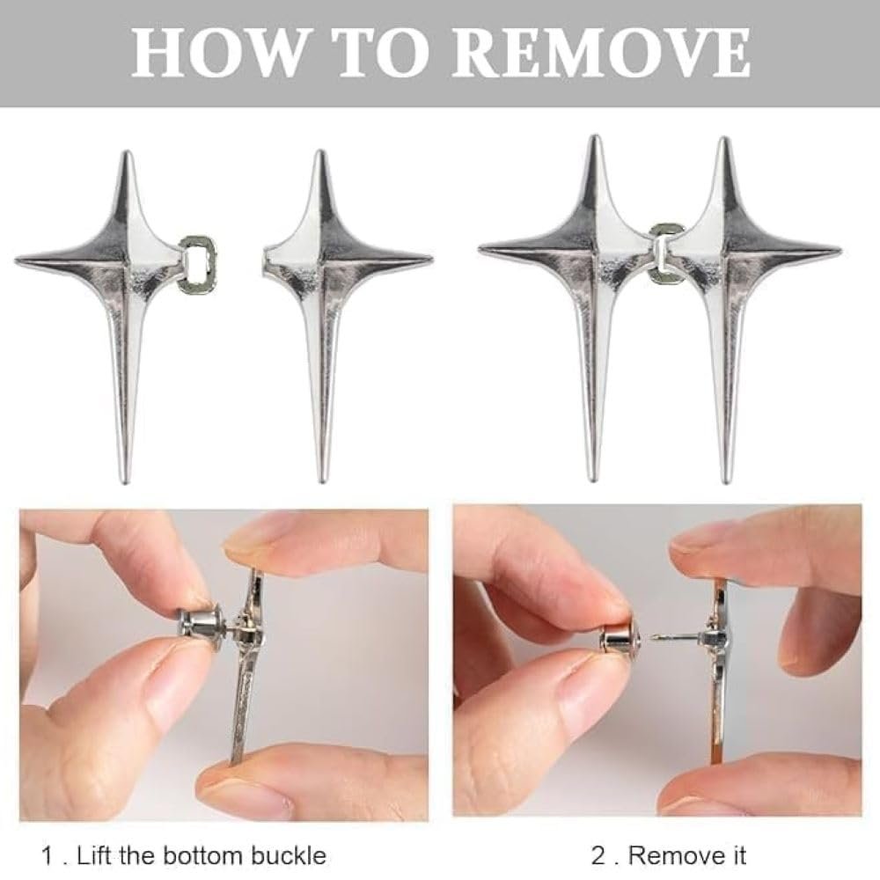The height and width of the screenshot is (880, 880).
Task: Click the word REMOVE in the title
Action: coord(601,53)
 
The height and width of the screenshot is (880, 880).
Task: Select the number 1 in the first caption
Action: coord(48,856)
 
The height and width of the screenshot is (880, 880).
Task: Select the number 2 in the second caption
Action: coord(598,856)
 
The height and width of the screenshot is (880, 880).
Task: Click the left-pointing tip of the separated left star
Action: coord(17,261)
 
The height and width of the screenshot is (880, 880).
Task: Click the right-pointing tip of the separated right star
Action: coord(431,260)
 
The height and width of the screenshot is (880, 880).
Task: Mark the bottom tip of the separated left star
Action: coord(126,481)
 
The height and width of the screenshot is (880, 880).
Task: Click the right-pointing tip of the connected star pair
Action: coord(840,249)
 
